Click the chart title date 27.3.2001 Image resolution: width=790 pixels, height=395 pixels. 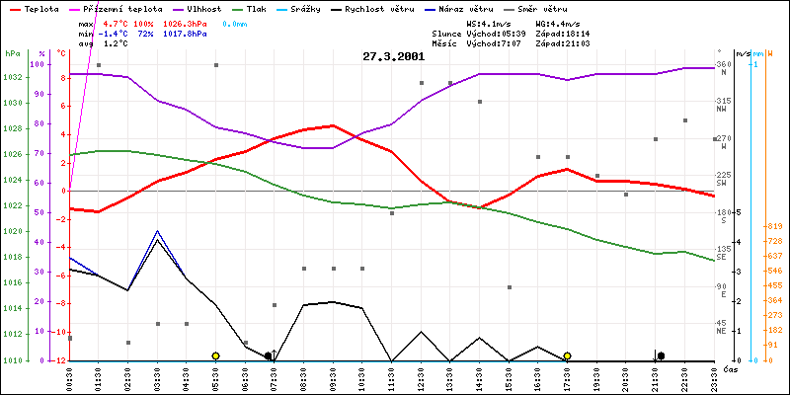click(x=394, y=56)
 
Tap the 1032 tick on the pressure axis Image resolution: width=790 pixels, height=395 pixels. click(x=13, y=77)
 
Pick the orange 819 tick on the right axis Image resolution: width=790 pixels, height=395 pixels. click(x=776, y=226)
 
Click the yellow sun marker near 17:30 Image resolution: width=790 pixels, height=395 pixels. click(x=567, y=355)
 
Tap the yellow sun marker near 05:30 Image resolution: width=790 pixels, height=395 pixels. click(x=215, y=355)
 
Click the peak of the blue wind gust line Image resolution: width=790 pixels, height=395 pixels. click(x=157, y=230)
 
